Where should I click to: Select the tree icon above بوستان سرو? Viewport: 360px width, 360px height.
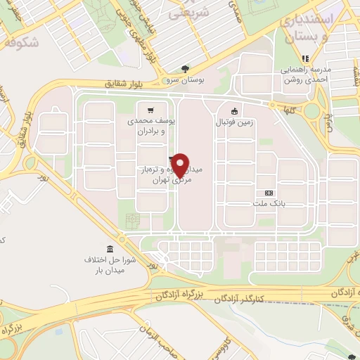pos(185,69)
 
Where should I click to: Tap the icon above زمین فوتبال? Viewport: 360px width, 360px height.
pos(234,110)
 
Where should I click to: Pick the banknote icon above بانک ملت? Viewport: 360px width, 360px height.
pos(268,193)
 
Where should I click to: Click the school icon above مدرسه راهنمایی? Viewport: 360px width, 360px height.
pos(305,58)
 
